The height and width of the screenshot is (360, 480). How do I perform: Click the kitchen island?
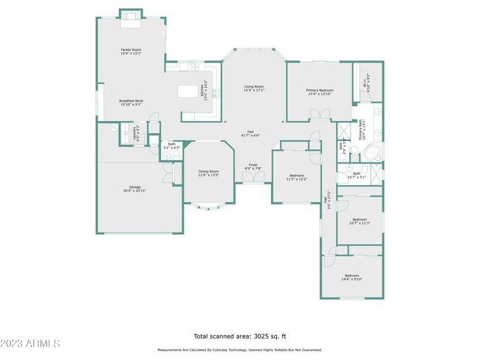[190, 91]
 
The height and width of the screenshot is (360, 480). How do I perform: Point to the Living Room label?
[254, 87]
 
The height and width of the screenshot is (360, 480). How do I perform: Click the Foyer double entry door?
[253, 180]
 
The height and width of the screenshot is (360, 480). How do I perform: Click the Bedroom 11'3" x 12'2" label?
[296, 176]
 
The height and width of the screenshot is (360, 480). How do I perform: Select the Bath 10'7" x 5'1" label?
[356, 175]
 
